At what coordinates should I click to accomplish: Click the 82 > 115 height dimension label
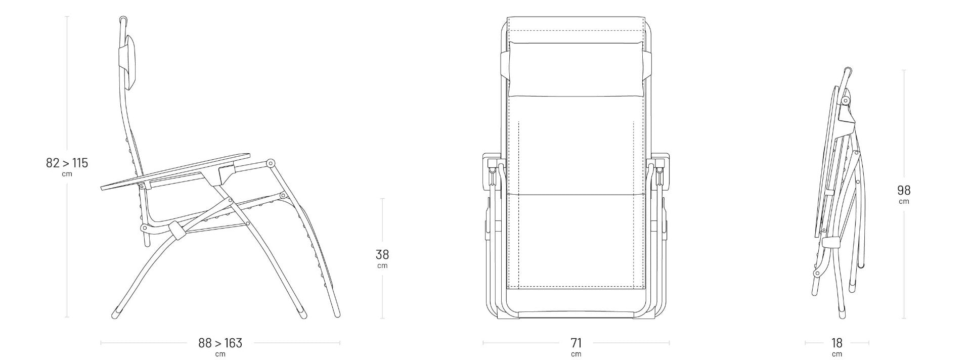click(x=67, y=163)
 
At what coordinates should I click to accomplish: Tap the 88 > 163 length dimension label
click(x=220, y=343)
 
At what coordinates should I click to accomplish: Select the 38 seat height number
click(x=382, y=254)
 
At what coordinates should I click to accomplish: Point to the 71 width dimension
click(x=576, y=343)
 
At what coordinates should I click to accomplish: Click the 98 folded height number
click(x=904, y=190)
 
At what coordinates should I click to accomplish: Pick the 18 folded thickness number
click(x=837, y=343)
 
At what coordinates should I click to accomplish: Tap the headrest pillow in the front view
click(x=576, y=69)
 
